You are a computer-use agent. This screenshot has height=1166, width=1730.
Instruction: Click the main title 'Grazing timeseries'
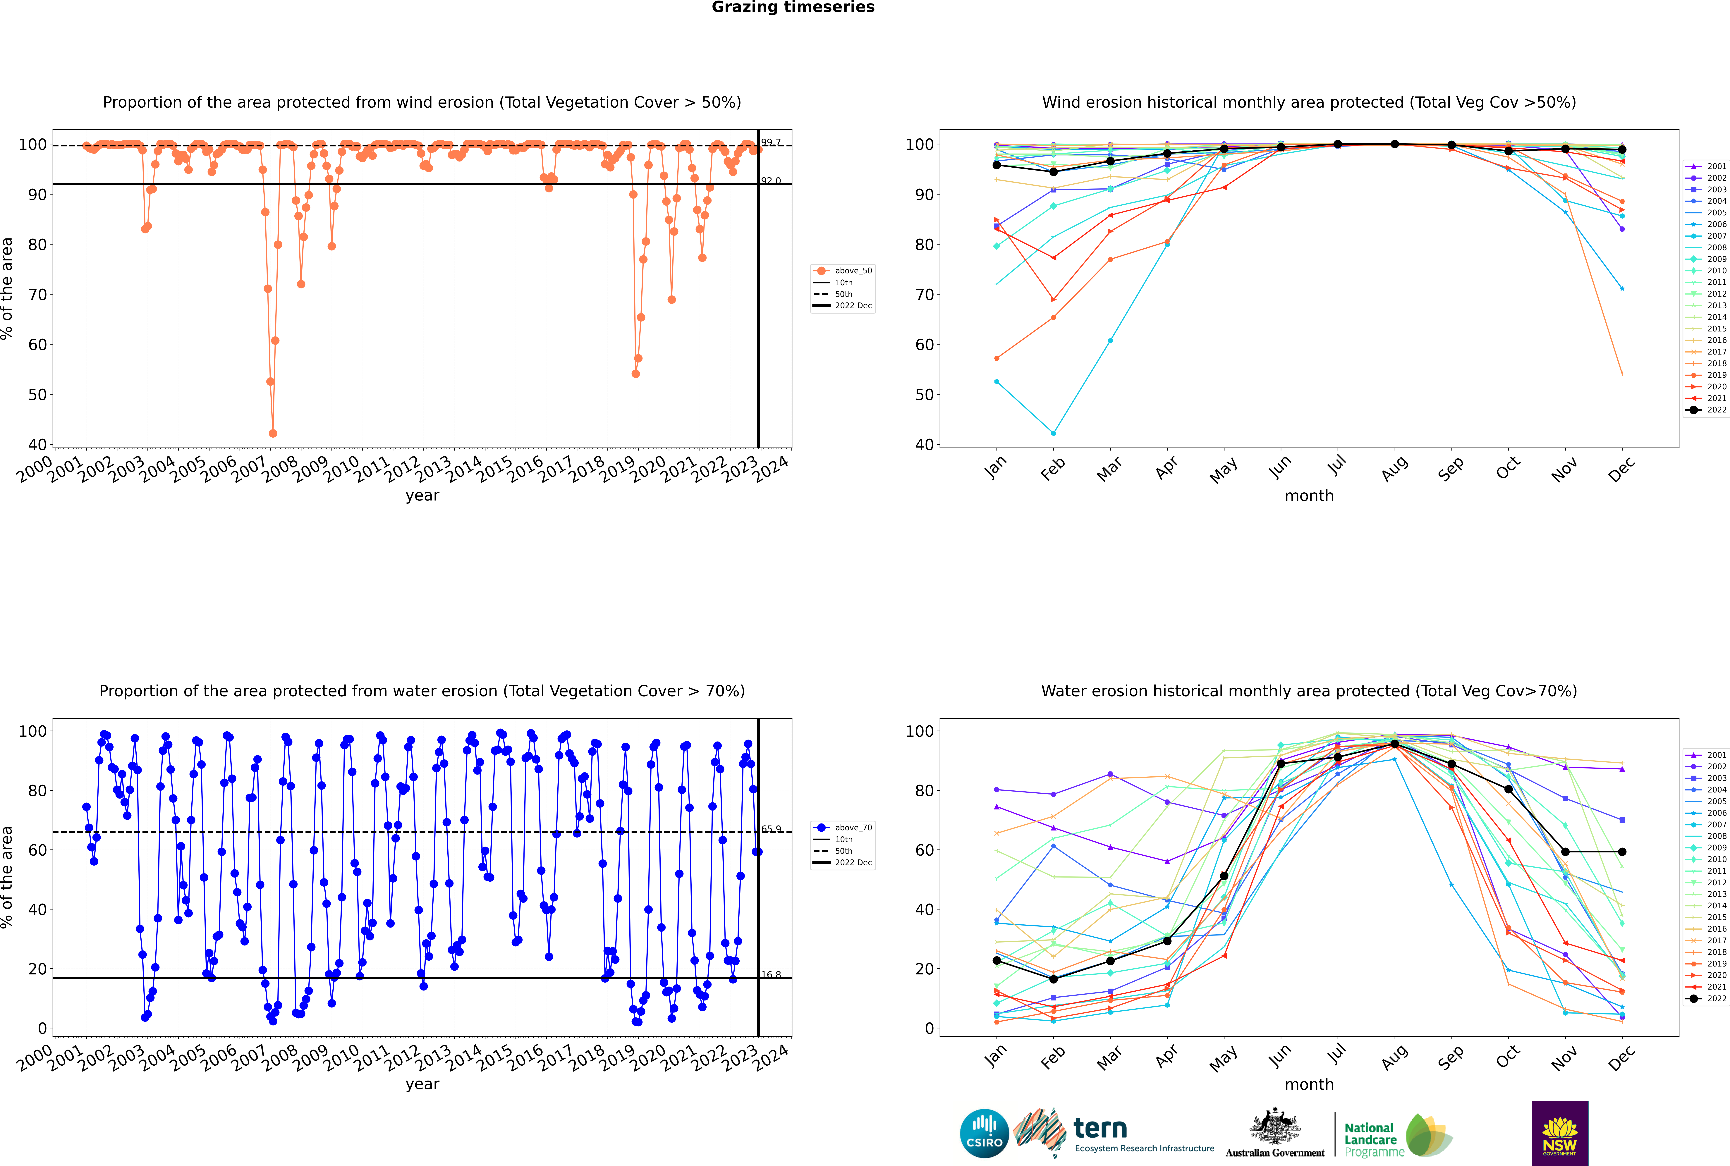(x=793, y=7)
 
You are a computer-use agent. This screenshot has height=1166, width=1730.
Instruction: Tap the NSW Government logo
(x=1560, y=1133)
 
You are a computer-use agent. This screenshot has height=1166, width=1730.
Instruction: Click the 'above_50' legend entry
(x=843, y=271)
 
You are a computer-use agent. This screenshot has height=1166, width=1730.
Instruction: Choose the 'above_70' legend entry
(x=843, y=828)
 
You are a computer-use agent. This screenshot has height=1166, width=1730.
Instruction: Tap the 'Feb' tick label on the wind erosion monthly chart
(x=1053, y=468)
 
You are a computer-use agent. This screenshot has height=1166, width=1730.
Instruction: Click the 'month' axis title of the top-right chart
(x=1309, y=496)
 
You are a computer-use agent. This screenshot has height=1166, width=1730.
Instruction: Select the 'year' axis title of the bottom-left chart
(x=422, y=1084)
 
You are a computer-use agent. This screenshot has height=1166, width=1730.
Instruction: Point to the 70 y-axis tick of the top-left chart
(x=37, y=295)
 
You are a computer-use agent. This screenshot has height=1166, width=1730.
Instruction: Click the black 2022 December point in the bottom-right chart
(x=1622, y=852)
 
